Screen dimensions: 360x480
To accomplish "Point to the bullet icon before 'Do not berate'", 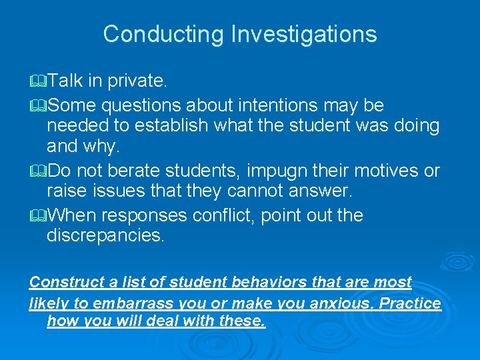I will (x=39, y=171).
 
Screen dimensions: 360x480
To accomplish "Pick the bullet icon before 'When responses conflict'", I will (x=39, y=216).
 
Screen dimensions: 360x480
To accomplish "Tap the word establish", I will (x=163, y=125).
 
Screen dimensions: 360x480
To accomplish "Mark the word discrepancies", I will (x=105, y=236).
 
